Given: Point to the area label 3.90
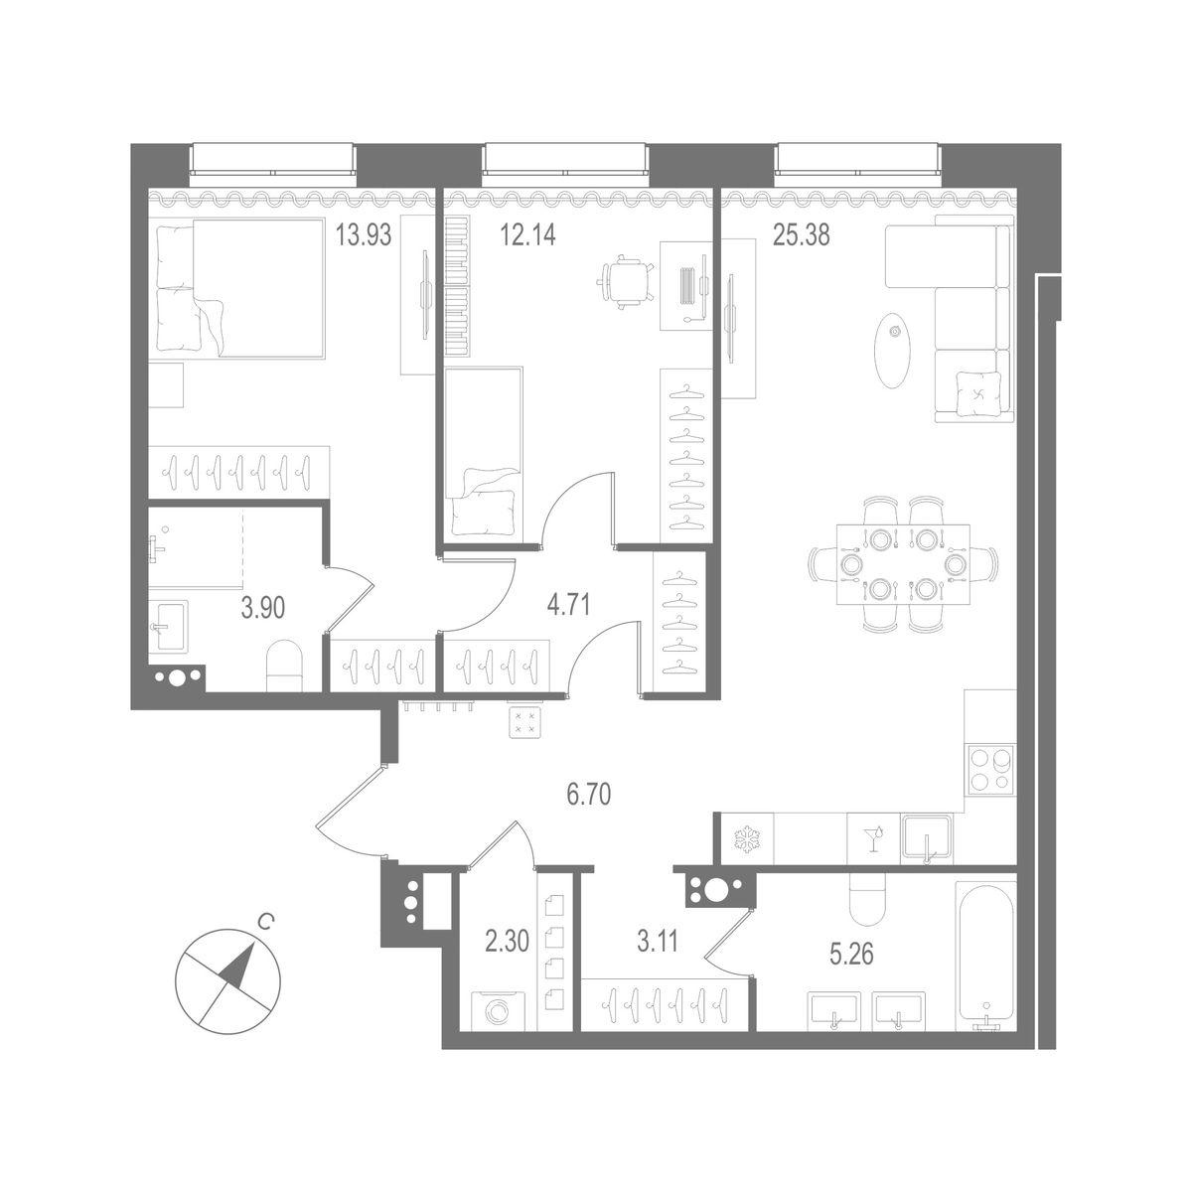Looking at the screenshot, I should click(263, 608).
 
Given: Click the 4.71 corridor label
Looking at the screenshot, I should click(569, 605).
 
